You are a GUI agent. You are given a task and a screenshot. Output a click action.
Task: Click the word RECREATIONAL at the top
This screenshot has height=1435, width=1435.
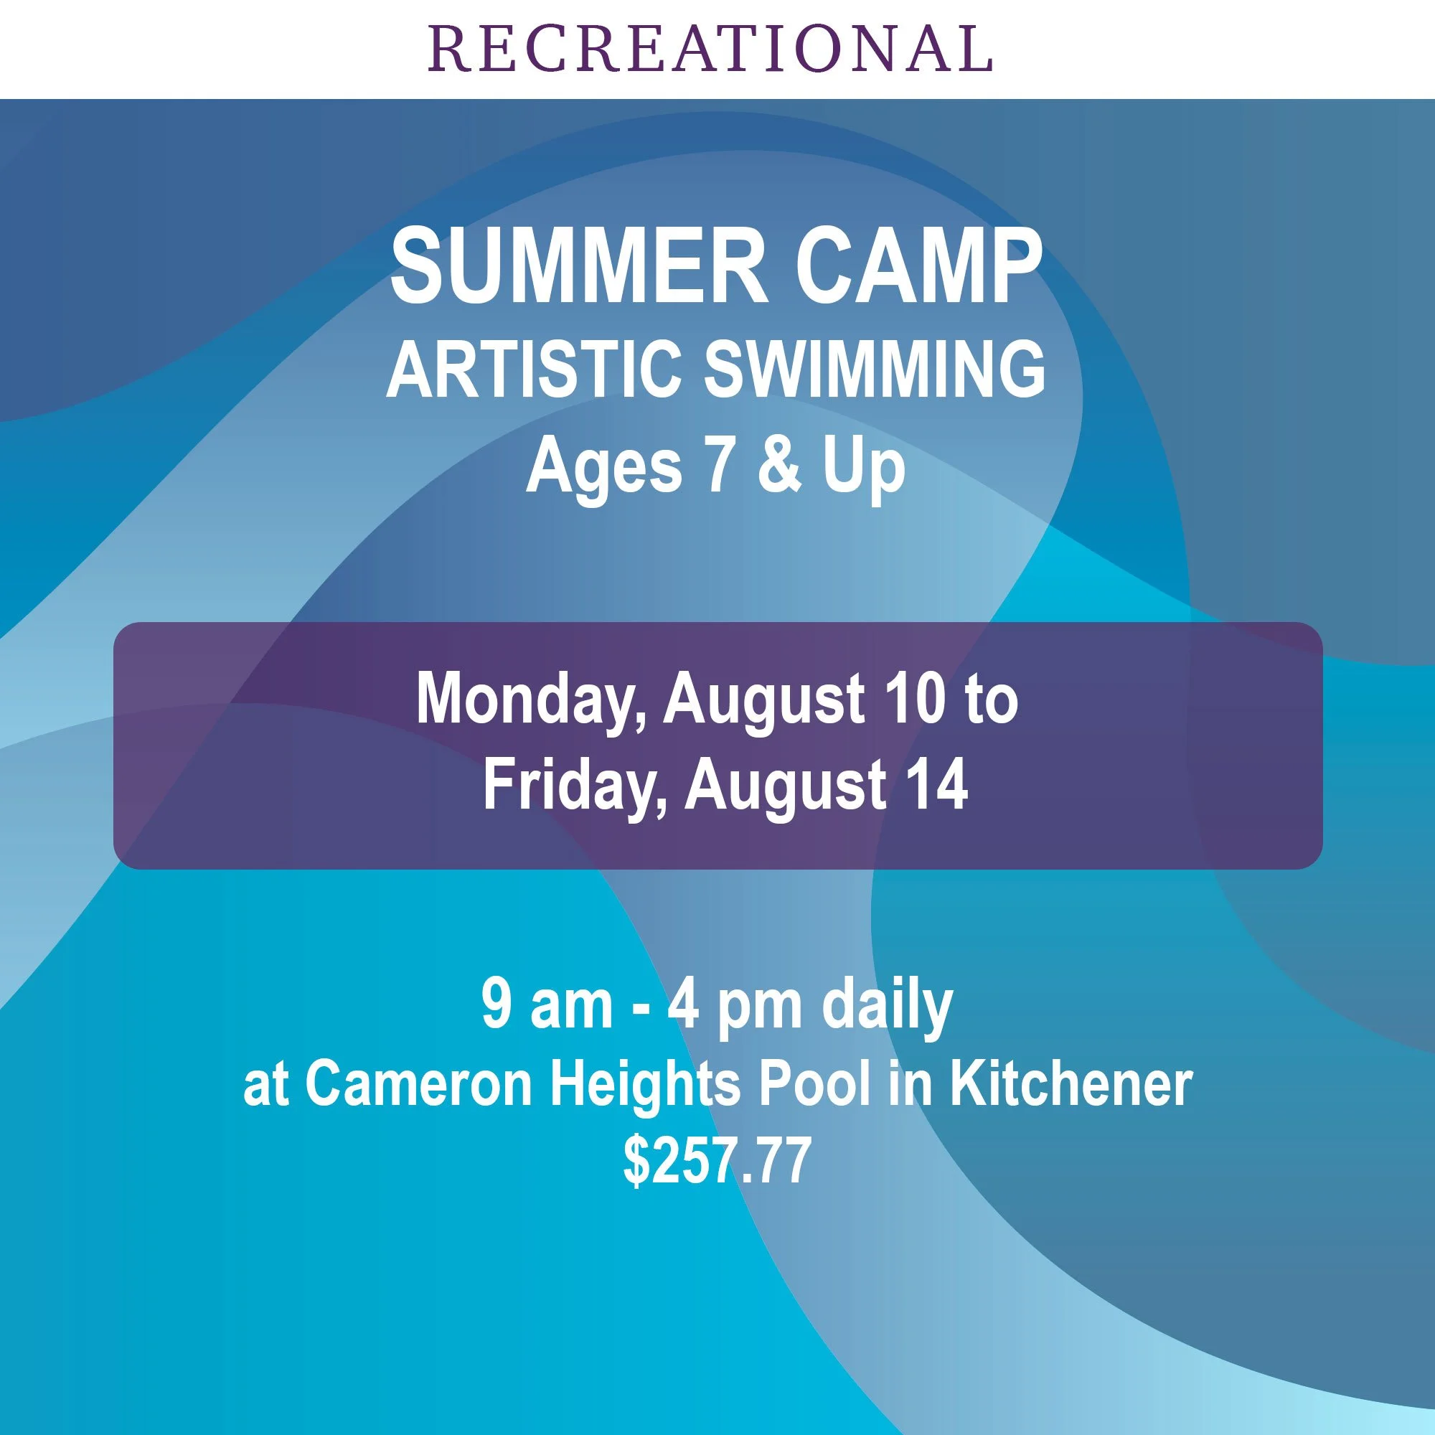coord(710,49)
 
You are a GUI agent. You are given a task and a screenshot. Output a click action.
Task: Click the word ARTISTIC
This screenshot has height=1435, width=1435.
coord(533,368)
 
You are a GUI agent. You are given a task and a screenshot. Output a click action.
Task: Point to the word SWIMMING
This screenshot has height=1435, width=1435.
coord(874,368)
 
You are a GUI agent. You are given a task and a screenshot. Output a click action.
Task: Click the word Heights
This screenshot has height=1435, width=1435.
coord(645,1086)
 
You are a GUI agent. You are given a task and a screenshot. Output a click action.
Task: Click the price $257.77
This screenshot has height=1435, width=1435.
coord(717,1162)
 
